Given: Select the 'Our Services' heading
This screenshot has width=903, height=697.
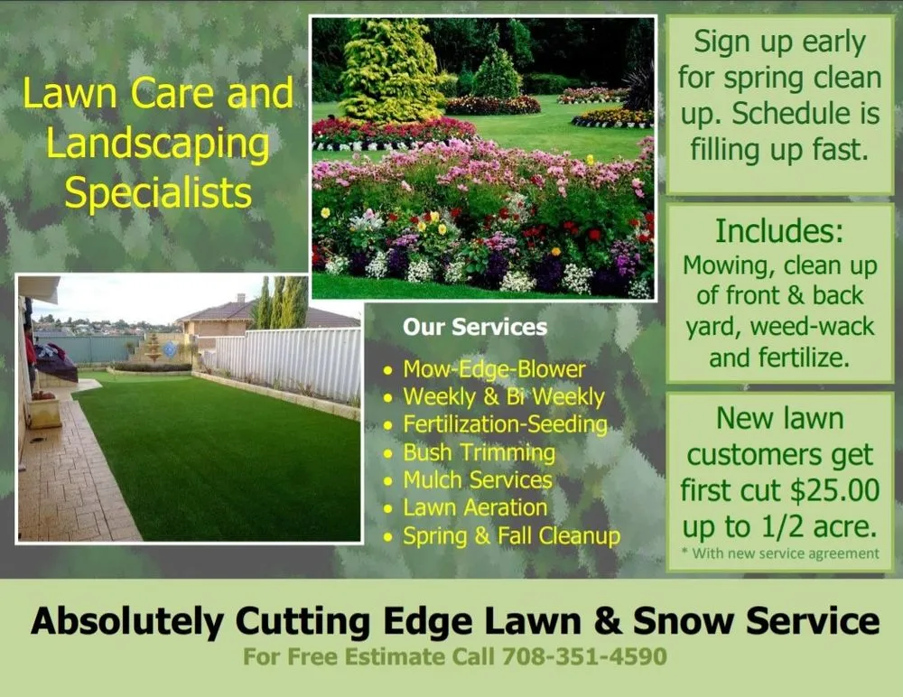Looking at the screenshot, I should (475, 327).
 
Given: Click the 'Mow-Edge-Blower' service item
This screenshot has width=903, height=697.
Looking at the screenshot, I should (494, 369).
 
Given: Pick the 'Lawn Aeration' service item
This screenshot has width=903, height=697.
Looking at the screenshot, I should (475, 508).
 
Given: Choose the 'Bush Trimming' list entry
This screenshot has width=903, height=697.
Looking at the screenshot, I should (479, 452).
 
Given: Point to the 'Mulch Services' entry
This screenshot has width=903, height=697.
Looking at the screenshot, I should (478, 480).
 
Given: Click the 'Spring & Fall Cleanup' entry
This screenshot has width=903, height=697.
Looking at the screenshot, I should (511, 536).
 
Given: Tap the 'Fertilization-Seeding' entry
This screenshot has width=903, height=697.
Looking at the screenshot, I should (505, 424).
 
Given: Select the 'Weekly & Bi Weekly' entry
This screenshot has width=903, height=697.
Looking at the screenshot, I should (503, 397).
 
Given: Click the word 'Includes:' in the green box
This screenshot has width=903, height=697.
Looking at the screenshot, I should (779, 232).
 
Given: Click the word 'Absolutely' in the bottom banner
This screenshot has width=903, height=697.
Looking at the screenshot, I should (126, 621).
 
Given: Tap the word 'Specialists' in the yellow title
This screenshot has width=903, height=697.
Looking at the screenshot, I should (159, 193).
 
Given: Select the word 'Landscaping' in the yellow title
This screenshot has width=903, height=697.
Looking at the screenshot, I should (158, 144).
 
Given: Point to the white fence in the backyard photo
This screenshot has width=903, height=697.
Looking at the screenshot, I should (289, 361).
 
